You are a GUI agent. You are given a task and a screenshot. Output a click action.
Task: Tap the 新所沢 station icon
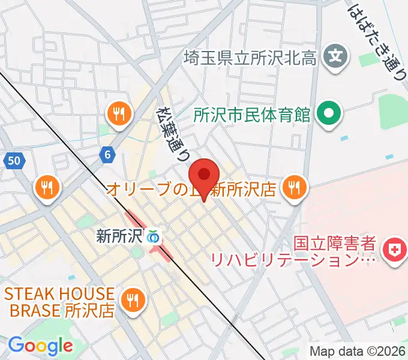tap(153, 236)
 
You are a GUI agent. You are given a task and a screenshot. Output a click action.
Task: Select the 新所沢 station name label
tap(119, 236)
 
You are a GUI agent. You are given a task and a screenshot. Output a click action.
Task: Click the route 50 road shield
tap(14, 160)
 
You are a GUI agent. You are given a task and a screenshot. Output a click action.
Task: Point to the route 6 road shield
tap(108, 155)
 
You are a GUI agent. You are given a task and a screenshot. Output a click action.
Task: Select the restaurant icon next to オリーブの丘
tap(293, 188)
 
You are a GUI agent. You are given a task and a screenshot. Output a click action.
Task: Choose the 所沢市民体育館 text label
tap(252, 113)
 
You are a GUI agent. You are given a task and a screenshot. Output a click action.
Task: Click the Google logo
tap(40, 346)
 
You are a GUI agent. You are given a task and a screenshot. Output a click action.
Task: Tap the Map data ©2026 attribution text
tap(356, 352)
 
